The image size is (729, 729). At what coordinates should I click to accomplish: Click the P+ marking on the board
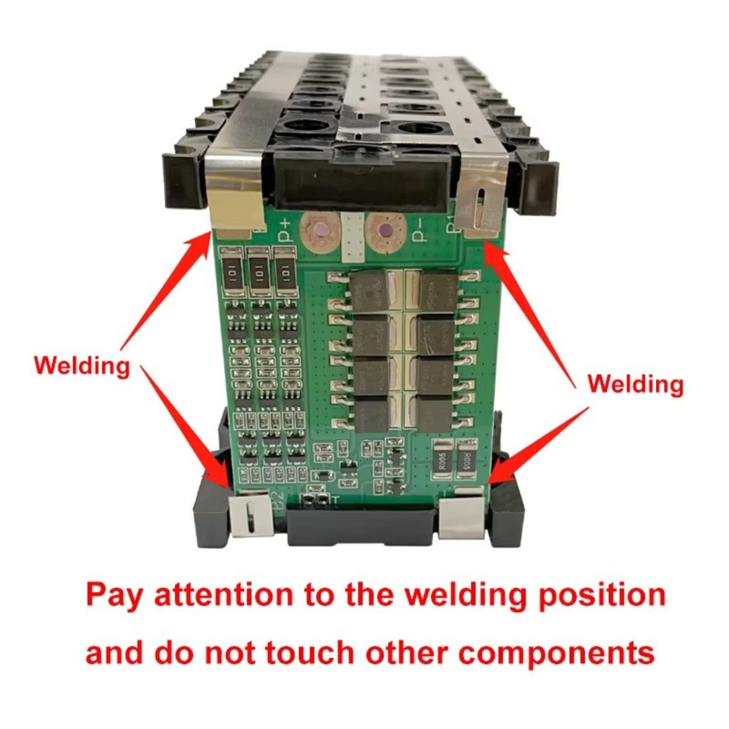pos(283,231)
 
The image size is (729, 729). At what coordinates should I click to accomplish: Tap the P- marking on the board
pos(418,231)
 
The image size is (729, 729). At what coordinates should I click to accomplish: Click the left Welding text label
pos(82,367)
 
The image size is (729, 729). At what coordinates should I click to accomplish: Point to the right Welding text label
pos(635,385)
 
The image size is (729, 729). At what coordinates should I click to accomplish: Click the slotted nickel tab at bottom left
pos(249,518)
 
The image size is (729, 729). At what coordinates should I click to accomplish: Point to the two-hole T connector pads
pos(316,500)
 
